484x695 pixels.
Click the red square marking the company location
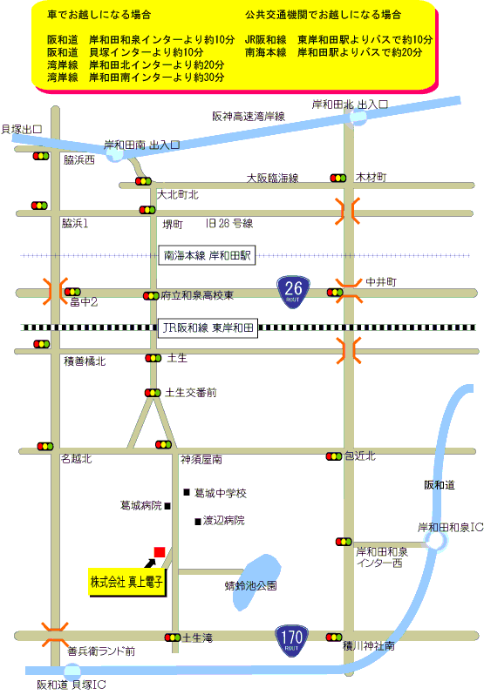click(x=160, y=552)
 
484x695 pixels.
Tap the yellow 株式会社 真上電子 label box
click(x=126, y=582)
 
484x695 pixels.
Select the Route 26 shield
click(x=293, y=292)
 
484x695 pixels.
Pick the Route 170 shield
click(x=291, y=640)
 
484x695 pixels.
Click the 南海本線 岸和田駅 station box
click(x=208, y=255)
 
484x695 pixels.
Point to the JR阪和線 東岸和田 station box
click(x=208, y=327)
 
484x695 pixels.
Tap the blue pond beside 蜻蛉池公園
click(x=256, y=582)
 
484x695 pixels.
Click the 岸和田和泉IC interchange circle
click(x=435, y=541)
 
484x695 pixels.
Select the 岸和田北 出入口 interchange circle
click(x=358, y=118)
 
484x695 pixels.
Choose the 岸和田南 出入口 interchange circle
click(x=115, y=154)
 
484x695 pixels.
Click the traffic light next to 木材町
click(x=338, y=179)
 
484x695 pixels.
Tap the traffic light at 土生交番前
click(x=153, y=393)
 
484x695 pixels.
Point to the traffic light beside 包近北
click(x=334, y=456)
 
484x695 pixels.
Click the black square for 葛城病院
click(x=167, y=506)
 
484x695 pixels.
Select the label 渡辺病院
click(x=223, y=520)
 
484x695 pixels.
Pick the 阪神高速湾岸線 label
click(x=249, y=117)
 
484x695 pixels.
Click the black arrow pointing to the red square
click(x=150, y=563)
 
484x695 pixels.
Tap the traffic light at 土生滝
click(x=173, y=638)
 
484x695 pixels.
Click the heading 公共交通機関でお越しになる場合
click(x=323, y=15)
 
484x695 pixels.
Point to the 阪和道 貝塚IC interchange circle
click(x=72, y=671)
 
